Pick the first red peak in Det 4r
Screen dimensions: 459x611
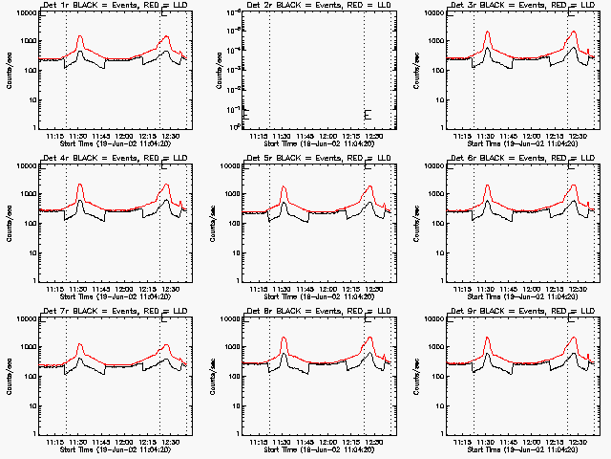tap(80, 185)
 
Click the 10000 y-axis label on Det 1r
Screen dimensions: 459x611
tap(23, 13)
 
